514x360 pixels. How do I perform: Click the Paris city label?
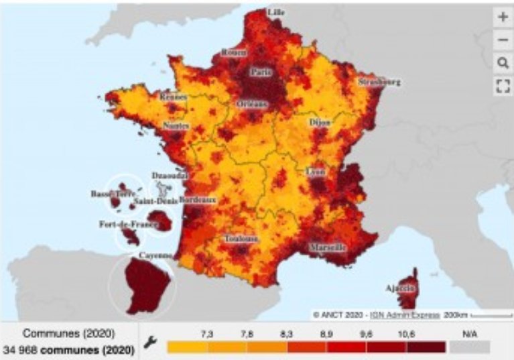tap(260, 72)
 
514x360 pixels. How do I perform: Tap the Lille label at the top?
tap(275, 12)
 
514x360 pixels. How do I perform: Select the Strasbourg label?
tap(379, 82)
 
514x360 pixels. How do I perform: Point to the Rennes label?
tap(174, 97)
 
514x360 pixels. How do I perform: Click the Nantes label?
tap(176, 125)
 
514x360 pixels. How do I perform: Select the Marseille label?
tap(328, 247)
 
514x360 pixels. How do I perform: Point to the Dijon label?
tap(319, 123)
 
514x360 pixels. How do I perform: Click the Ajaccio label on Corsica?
tap(400, 288)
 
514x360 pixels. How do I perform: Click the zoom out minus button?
tap(503, 40)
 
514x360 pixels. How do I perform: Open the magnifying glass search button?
tap(503, 63)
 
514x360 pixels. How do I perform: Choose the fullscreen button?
tap(503, 85)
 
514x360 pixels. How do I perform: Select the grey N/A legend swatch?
tap(470, 347)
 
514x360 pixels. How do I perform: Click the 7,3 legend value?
tap(208, 333)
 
